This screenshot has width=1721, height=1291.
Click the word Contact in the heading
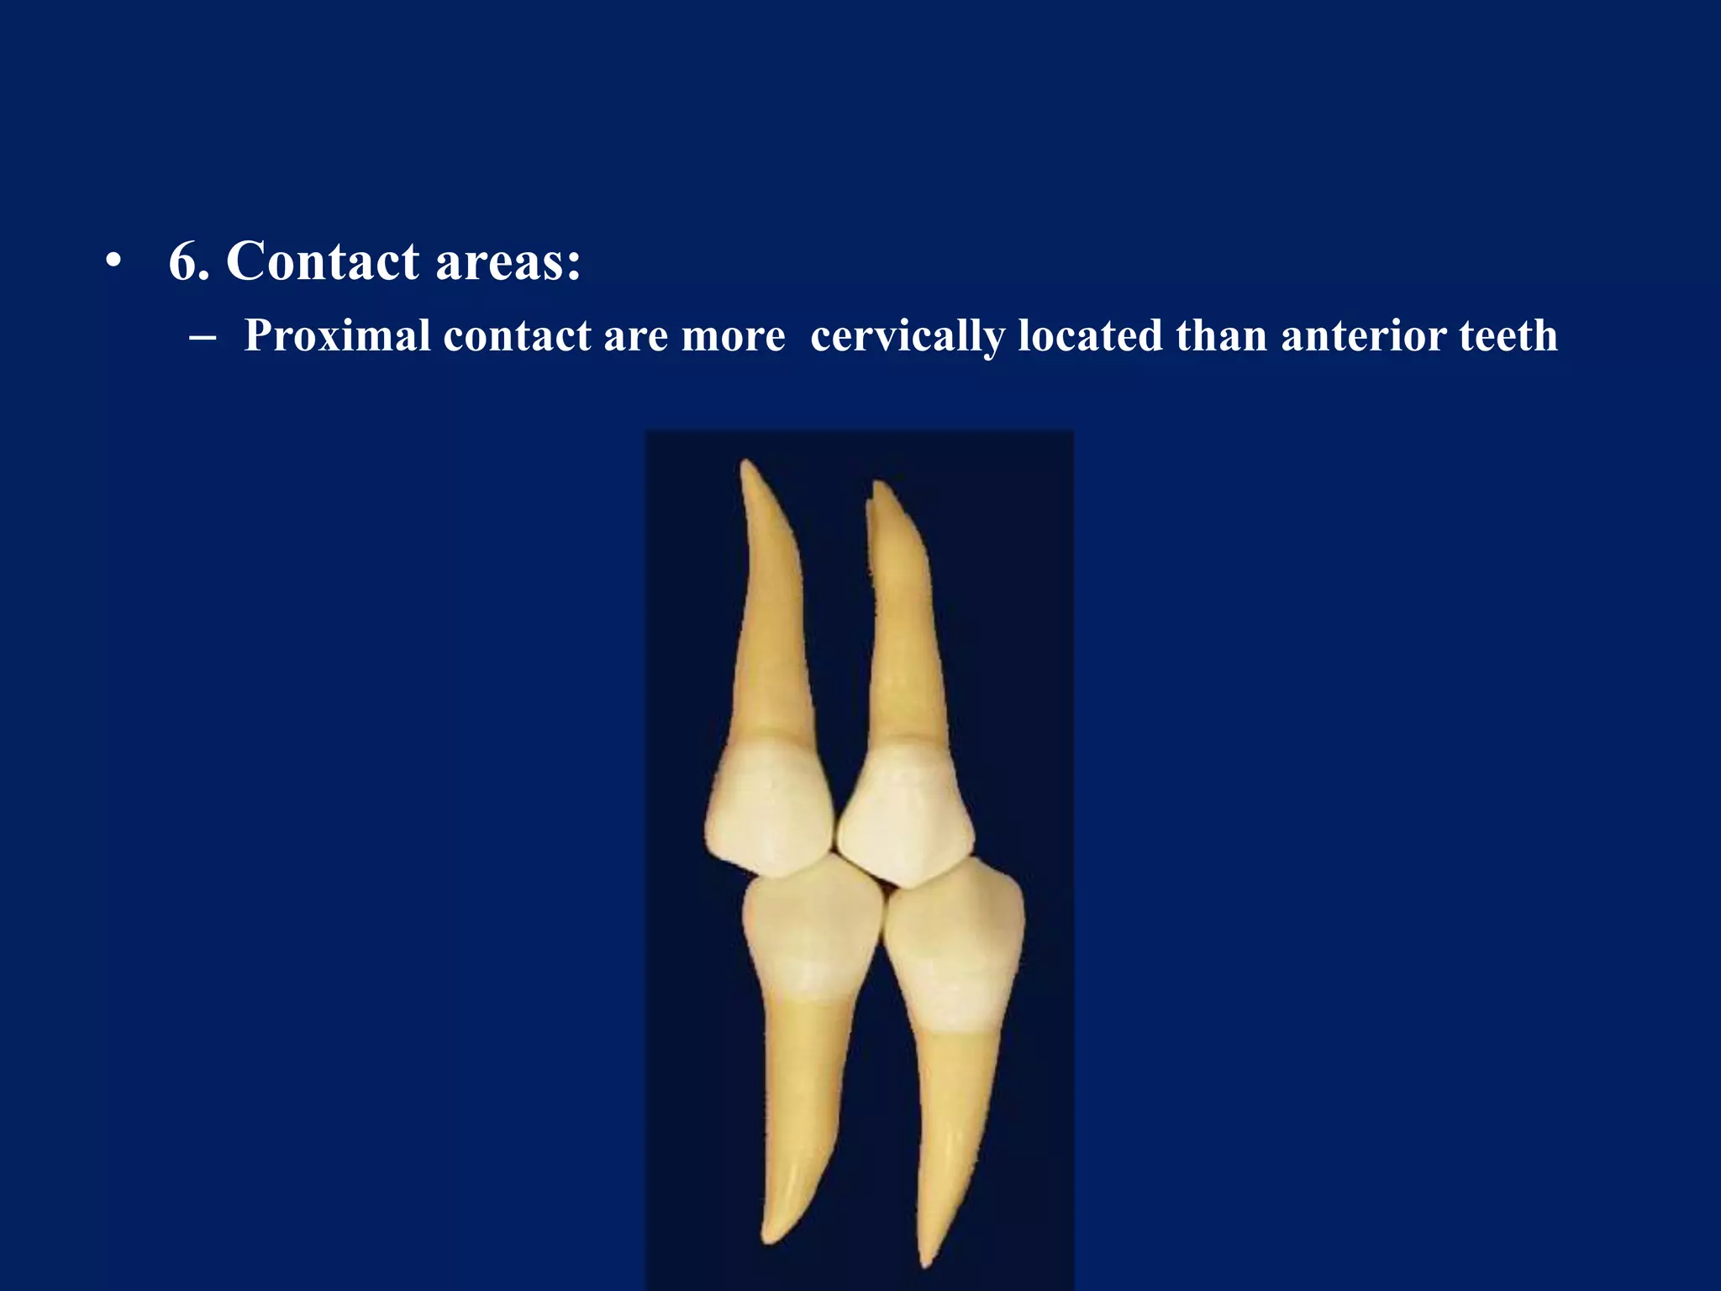click(323, 261)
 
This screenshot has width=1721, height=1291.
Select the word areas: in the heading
click(508, 261)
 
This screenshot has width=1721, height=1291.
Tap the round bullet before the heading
click(113, 261)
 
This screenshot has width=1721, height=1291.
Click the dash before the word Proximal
click(203, 336)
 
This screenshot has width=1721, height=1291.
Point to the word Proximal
click(337, 336)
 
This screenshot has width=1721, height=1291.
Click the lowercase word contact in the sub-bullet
click(517, 336)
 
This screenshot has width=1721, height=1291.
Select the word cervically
click(908, 336)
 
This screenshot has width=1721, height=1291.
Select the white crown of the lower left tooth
click(811, 933)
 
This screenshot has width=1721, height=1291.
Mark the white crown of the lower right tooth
click(956, 946)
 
